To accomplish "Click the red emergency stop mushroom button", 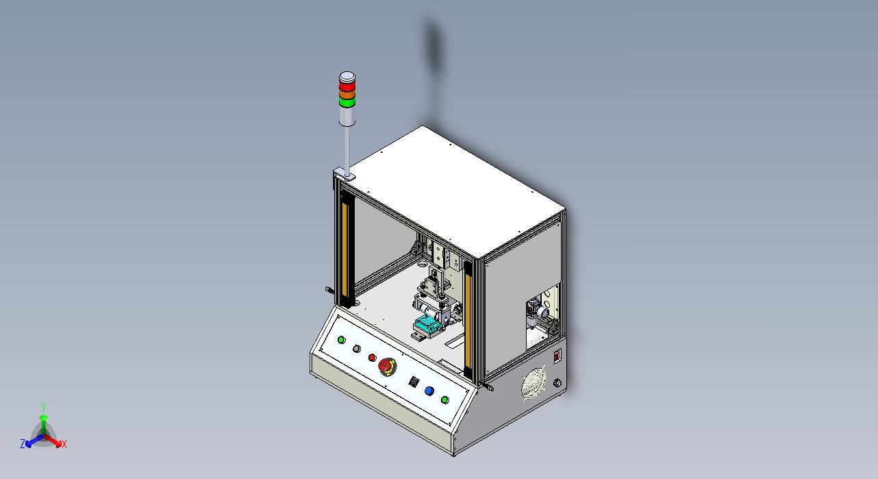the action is (387, 367).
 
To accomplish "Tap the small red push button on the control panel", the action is (372, 358).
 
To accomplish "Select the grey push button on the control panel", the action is (356, 349).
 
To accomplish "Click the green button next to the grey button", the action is (341, 340).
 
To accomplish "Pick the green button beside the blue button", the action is (444, 400).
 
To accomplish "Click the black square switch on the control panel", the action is (414, 382).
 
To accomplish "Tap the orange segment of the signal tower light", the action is (347, 95).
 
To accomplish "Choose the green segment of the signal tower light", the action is (347, 103).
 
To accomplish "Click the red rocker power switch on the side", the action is (557, 356).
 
